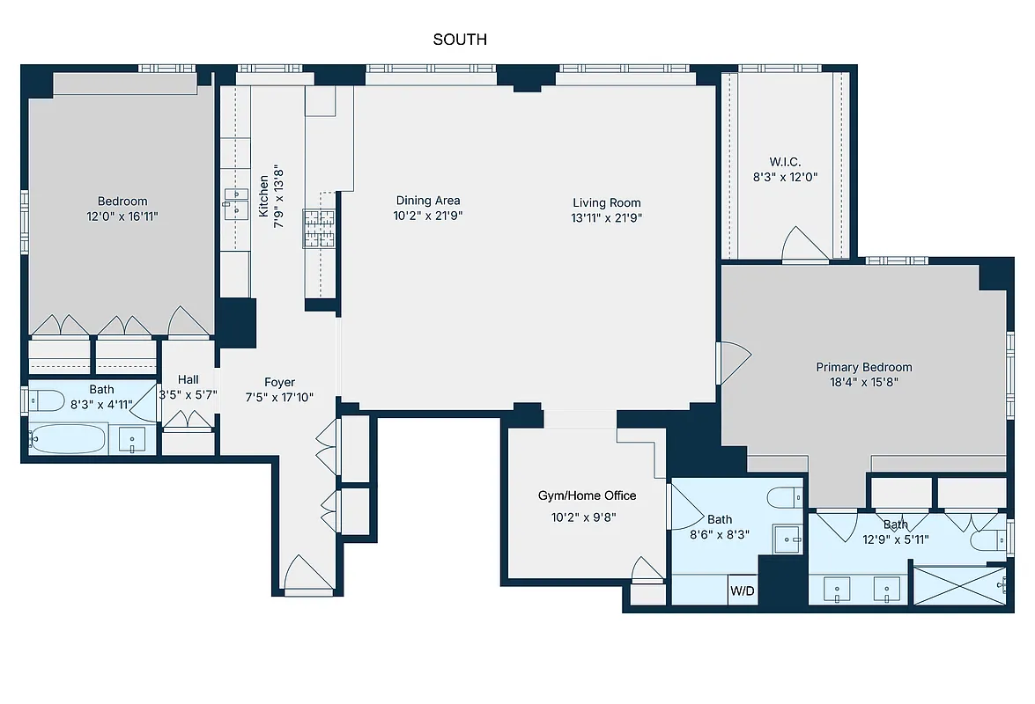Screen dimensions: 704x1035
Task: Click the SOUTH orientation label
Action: (x=460, y=40)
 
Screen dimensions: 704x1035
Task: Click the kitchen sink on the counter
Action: (x=234, y=202)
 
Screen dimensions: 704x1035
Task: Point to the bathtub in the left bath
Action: (x=68, y=438)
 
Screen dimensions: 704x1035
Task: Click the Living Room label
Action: (x=606, y=202)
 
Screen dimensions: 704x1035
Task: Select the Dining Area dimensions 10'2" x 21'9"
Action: (x=428, y=215)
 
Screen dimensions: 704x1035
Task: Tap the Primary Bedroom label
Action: (x=863, y=367)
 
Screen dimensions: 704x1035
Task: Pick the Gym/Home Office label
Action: (x=587, y=495)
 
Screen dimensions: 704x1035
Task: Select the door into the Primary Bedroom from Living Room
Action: (x=734, y=362)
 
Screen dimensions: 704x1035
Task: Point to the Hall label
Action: (x=188, y=379)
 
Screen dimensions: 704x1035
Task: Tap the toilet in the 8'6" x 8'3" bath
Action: (x=783, y=498)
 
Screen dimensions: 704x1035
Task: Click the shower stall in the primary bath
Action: (x=958, y=585)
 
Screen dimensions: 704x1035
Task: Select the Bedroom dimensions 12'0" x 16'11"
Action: (x=122, y=216)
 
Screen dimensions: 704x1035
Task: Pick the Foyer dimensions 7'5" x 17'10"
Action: (x=279, y=396)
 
